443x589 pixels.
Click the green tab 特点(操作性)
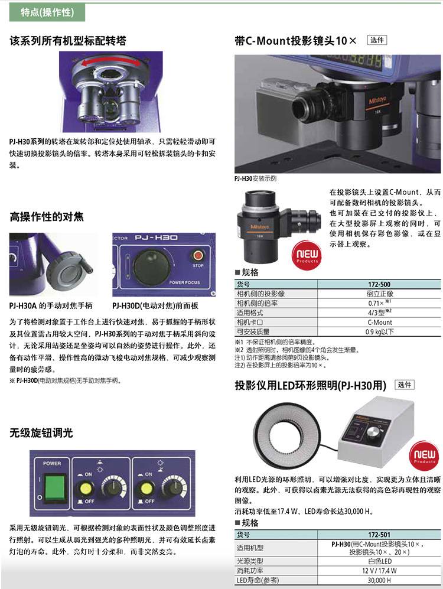tap(47, 12)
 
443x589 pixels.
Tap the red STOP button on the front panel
tap(198, 256)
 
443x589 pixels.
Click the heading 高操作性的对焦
tap(47, 217)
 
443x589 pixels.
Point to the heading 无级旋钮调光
tap(41, 432)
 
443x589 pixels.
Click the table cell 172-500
tap(379, 284)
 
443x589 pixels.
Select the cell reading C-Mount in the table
tap(379, 323)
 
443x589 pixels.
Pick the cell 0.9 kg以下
tap(379, 331)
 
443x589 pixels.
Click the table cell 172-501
tap(379, 535)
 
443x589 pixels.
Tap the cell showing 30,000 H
tap(379, 580)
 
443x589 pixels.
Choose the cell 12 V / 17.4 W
tap(379, 571)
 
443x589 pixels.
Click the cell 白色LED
tap(379, 561)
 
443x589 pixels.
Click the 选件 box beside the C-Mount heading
tap(377, 40)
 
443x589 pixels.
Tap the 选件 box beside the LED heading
tap(405, 385)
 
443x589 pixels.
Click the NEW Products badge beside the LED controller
tap(424, 455)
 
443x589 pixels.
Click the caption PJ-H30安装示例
tap(255, 178)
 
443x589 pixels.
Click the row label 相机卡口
tap(250, 323)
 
